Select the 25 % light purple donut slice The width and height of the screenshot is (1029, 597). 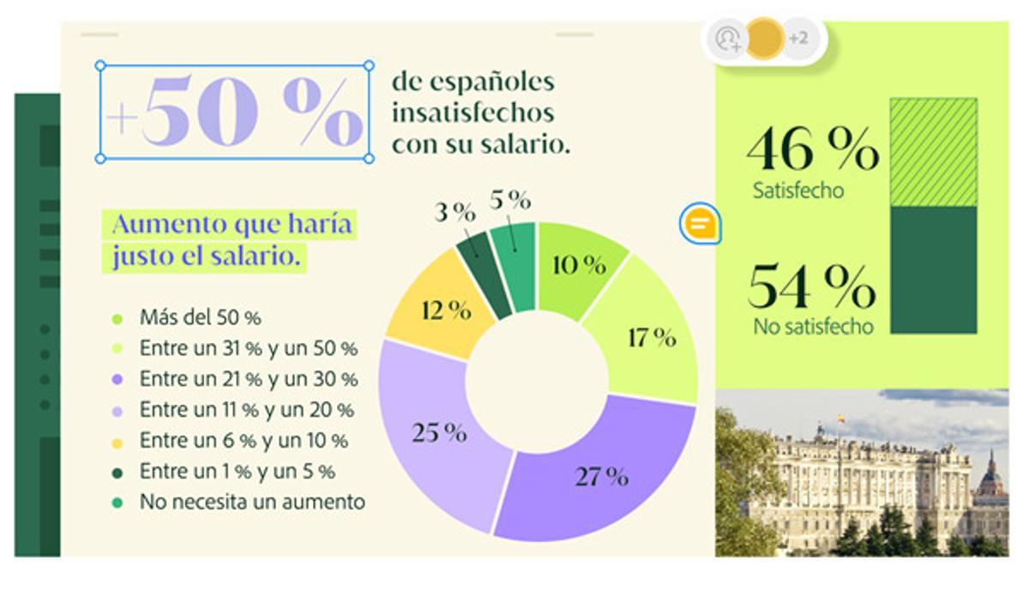433,433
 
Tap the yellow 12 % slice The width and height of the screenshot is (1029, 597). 439,310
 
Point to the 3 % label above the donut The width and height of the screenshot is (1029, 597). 454,212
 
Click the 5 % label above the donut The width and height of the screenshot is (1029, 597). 510,200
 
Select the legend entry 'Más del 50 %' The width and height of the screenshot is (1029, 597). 200,318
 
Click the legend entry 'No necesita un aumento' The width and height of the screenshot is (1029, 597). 251,502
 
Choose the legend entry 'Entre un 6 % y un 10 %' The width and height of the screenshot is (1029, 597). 244,441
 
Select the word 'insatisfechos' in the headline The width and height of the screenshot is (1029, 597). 472,113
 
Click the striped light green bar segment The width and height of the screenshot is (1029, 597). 933,152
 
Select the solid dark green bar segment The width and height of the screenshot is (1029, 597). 933,269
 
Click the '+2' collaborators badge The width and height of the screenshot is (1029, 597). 797,39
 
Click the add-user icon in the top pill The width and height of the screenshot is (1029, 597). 728,39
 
